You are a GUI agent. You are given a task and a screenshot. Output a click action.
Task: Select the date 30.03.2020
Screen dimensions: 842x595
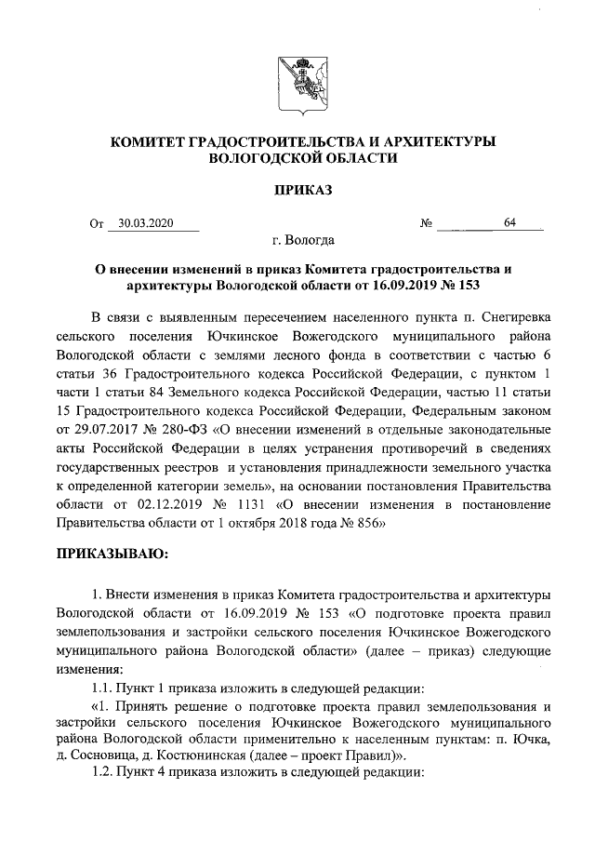coord(147,223)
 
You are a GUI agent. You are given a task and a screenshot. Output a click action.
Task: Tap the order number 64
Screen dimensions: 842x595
coord(509,223)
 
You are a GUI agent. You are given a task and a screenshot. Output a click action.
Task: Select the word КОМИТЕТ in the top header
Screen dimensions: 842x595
coord(148,141)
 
